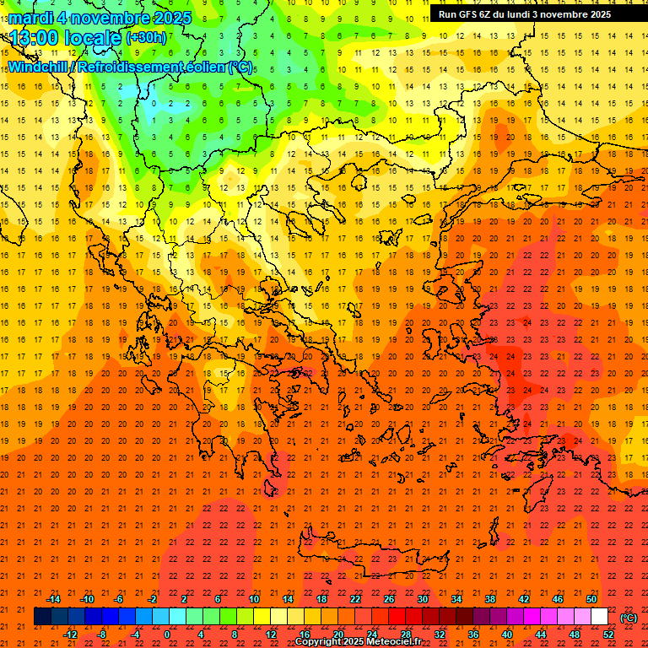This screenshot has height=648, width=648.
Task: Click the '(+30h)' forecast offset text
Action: click(146, 37)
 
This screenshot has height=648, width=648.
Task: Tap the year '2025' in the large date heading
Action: click(168, 17)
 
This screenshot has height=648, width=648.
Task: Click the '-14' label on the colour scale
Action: click(54, 599)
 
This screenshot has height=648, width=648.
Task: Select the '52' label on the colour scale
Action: click(608, 634)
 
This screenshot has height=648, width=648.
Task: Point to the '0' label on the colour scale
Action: click(166, 634)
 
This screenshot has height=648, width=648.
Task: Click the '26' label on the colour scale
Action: click(389, 599)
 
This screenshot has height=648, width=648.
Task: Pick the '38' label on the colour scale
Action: click(490, 599)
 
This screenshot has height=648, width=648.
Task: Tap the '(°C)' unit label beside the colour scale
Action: click(629, 618)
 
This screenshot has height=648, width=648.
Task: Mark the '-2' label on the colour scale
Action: click(153, 599)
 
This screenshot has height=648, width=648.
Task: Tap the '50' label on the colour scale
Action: click(591, 599)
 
